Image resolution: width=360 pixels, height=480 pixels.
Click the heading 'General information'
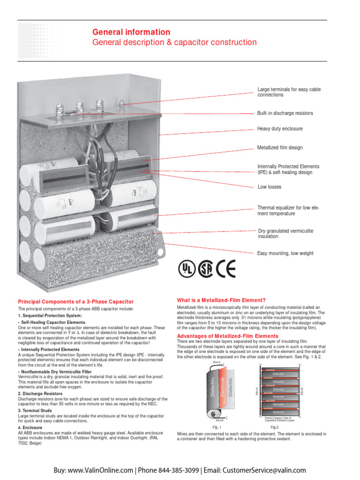[131, 32]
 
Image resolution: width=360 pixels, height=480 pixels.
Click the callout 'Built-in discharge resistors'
[285, 113]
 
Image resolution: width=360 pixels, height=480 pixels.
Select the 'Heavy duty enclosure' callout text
[280, 128]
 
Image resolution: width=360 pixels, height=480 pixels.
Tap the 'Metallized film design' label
[280, 148]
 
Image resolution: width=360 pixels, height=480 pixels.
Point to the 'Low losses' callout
[270, 187]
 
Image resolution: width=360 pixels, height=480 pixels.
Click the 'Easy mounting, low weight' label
[285, 253]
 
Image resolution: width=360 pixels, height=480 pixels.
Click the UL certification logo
[186, 269]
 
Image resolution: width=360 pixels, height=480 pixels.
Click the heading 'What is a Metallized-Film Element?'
[221, 300]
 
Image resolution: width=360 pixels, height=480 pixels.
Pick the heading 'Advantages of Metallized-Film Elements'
[227, 336]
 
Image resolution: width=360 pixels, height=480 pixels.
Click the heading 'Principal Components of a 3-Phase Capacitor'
[75, 301]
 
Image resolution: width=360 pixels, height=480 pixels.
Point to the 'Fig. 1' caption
[217, 427]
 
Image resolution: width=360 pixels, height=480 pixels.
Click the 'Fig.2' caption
[275, 427]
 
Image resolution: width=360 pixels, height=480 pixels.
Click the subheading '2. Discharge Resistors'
[40, 394]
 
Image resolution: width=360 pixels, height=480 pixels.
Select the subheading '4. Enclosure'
[30, 427]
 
